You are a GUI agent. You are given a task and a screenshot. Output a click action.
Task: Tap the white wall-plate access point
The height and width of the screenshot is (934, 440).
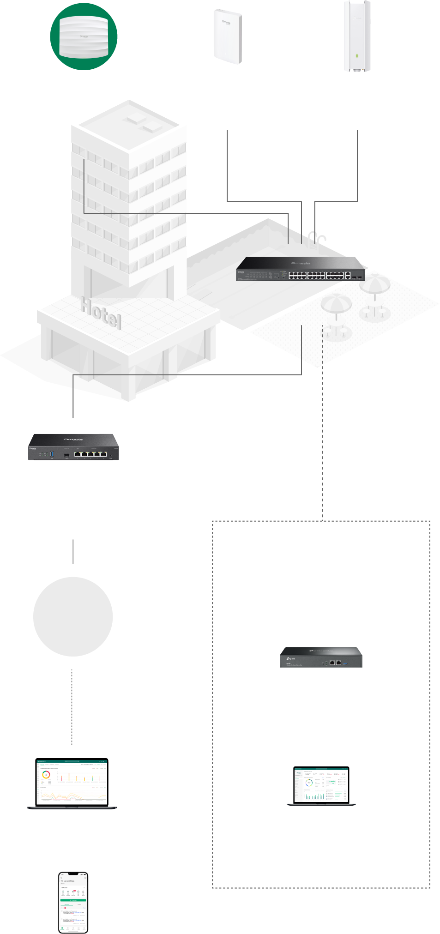[228, 36]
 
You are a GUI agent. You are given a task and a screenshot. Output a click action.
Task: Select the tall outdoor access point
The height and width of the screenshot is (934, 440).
[357, 36]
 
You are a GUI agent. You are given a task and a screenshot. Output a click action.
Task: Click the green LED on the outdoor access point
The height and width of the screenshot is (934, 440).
[356, 56]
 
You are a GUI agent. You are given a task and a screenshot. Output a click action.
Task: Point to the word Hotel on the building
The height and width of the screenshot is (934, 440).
[101, 313]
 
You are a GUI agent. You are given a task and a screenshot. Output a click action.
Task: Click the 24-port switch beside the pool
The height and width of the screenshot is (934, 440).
[300, 269]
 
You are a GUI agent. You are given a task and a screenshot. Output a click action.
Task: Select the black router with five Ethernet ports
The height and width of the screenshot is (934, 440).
[73, 446]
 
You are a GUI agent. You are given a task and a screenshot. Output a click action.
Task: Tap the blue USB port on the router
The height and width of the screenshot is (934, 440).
[52, 454]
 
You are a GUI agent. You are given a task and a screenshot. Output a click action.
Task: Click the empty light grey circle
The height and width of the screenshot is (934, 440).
[73, 616]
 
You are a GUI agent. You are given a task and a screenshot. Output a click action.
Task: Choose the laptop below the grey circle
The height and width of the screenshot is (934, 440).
[72, 783]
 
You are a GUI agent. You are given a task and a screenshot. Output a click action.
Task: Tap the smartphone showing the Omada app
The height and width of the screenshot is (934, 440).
[73, 903]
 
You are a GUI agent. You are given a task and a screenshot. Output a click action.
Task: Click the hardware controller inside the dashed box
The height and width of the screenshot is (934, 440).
[321, 657]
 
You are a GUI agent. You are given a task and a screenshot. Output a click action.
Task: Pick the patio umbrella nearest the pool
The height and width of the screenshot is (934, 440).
[336, 305]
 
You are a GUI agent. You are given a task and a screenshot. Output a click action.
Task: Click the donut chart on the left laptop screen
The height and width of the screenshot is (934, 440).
[46, 774]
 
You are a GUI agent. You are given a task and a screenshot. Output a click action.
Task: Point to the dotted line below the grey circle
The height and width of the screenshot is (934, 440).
[72, 706]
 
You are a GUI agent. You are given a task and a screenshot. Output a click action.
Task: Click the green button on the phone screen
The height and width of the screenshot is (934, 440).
[73, 900]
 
